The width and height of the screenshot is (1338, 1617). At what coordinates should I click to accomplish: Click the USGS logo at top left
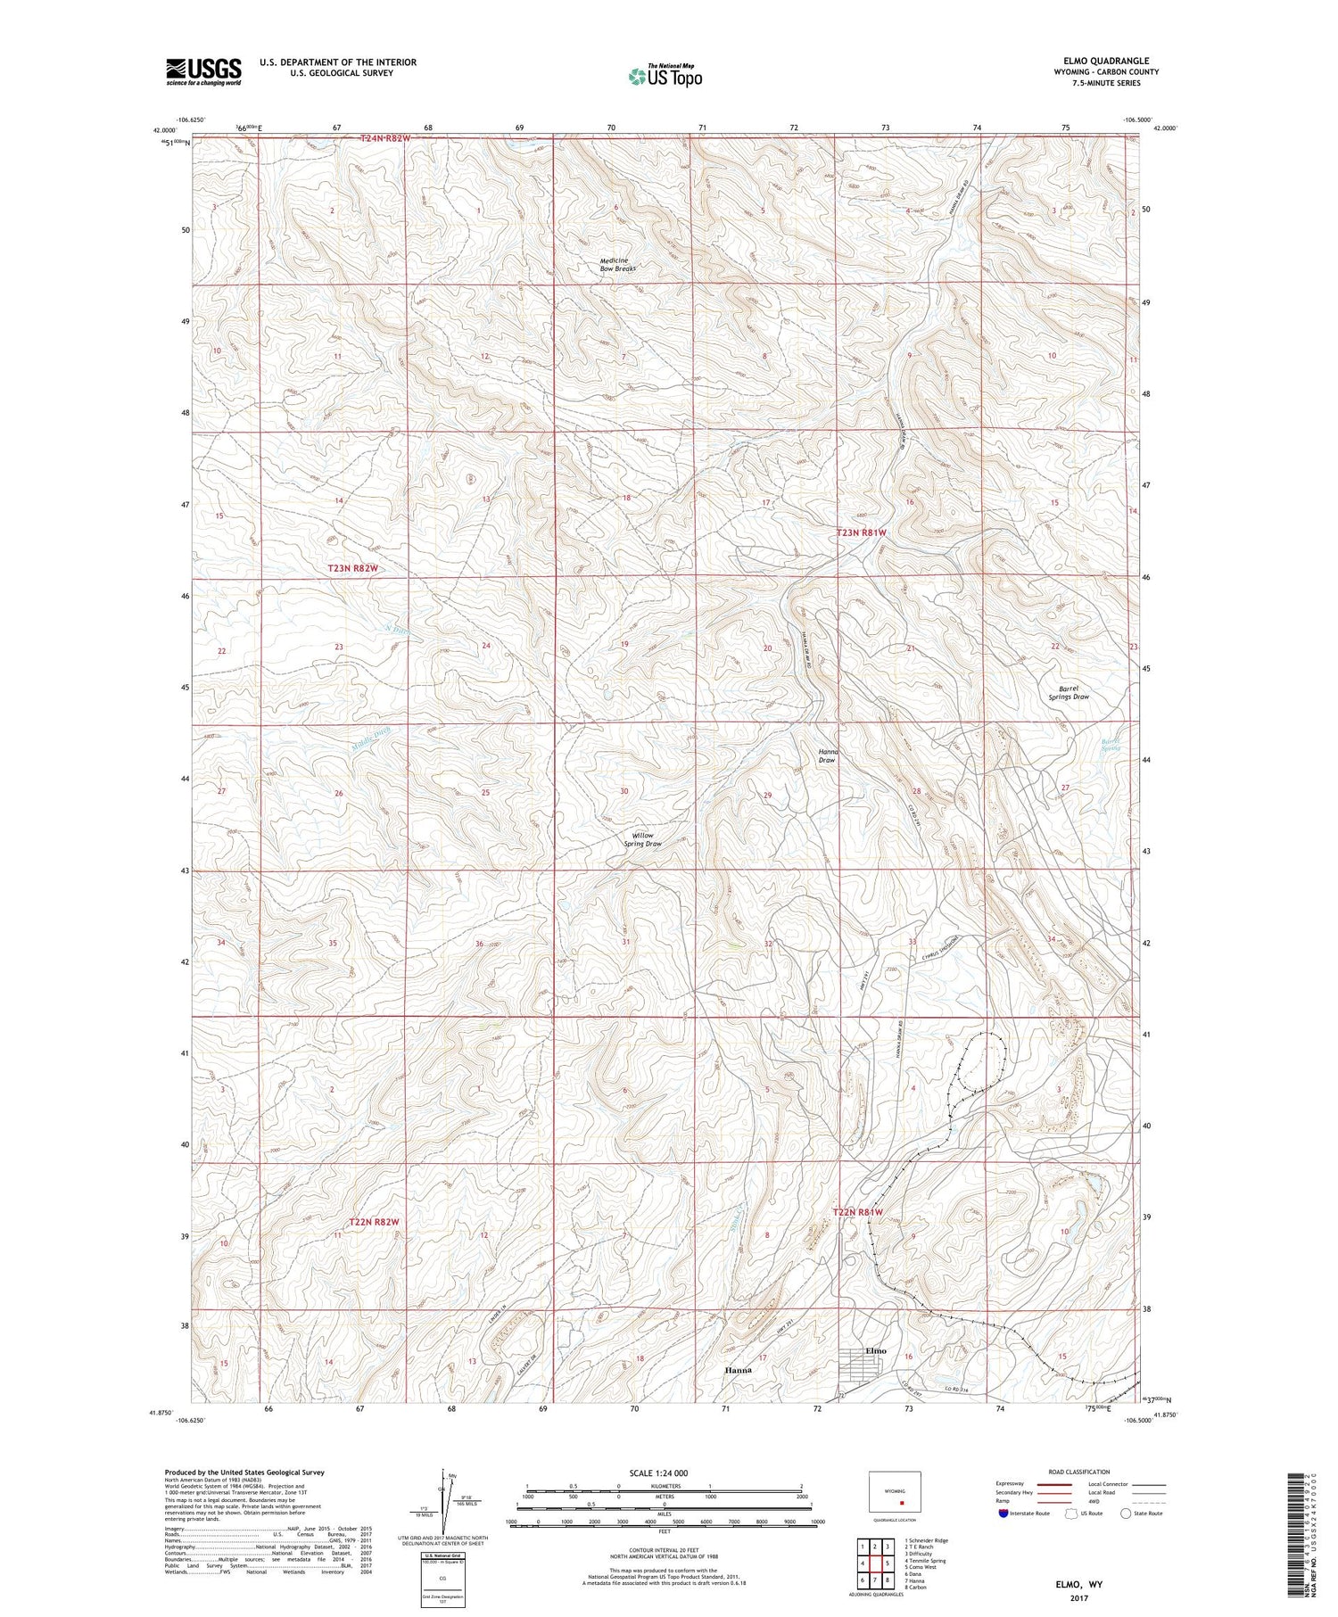(202, 71)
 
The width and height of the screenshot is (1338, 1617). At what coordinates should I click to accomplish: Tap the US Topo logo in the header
(665, 77)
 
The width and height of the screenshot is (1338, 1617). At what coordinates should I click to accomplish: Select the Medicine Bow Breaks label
(617, 264)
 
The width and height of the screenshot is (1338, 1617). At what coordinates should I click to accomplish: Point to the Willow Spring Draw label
(642, 839)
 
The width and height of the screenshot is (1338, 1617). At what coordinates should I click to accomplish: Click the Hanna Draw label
(827, 755)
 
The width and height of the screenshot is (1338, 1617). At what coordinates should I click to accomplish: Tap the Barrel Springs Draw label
(1069, 692)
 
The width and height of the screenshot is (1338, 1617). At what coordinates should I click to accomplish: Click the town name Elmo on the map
(876, 1350)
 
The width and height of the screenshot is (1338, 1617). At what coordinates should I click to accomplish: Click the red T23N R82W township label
(359, 568)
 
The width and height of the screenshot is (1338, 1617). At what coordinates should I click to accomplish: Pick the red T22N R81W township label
(857, 1212)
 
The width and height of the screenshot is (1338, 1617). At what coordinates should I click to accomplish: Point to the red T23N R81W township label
(861, 532)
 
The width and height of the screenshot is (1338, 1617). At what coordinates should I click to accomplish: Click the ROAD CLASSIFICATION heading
(1079, 1472)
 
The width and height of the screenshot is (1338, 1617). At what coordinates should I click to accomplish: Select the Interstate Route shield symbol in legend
(1003, 1514)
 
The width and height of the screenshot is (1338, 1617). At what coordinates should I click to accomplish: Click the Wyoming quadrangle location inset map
(895, 1491)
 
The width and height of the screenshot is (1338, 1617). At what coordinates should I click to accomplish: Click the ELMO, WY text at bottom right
(1078, 1585)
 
